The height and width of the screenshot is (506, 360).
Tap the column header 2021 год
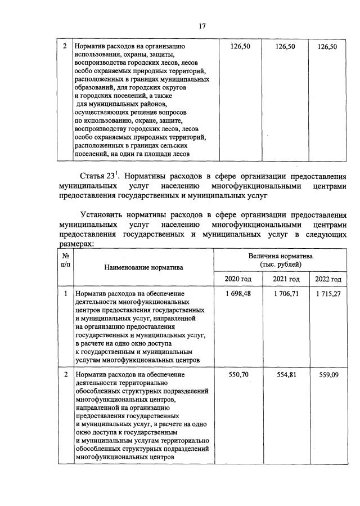pyautogui.click(x=286, y=280)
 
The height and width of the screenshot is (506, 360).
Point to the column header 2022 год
pyautogui.click(x=328, y=280)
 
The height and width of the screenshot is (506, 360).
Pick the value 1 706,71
pyautogui.click(x=286, y=294)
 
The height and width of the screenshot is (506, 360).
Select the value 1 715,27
pyautogui.click(x=328, y=294)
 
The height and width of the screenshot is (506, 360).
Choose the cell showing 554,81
pyautogui.click(x=286, y=374)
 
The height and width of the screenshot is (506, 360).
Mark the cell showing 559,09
pyautogui.click(x=328, y=374)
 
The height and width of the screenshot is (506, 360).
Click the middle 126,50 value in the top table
pyautogui.click(x=285, y=47)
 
